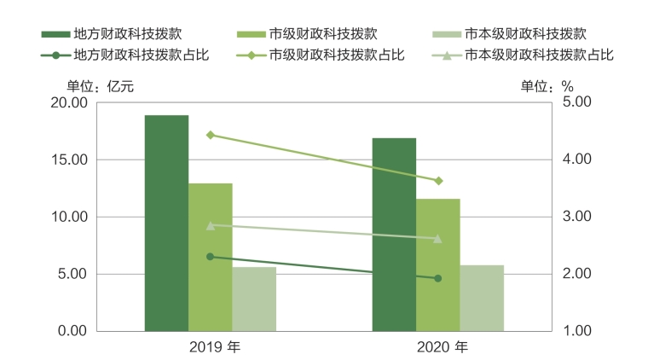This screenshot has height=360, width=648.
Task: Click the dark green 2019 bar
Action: (166, 223)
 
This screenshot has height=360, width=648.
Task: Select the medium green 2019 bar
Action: (211, 257)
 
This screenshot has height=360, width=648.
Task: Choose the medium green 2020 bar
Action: (438, 264)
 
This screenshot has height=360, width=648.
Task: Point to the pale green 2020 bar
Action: (482, 298)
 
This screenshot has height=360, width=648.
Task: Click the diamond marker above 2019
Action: (210, 135)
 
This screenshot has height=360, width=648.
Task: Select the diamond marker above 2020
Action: (438, 181)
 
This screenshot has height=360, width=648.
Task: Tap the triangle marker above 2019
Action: (210, 225)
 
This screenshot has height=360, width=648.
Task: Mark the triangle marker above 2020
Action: (438, 239)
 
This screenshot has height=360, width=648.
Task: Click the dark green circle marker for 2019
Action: (210, 257)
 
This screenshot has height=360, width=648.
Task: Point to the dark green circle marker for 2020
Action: (438, 278)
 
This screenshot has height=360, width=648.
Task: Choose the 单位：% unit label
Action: (547, 86)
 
